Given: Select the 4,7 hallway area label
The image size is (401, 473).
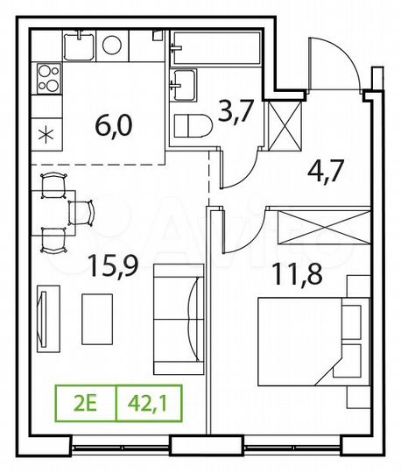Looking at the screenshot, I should [326, 168].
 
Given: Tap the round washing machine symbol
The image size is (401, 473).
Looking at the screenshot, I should [113, 45].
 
